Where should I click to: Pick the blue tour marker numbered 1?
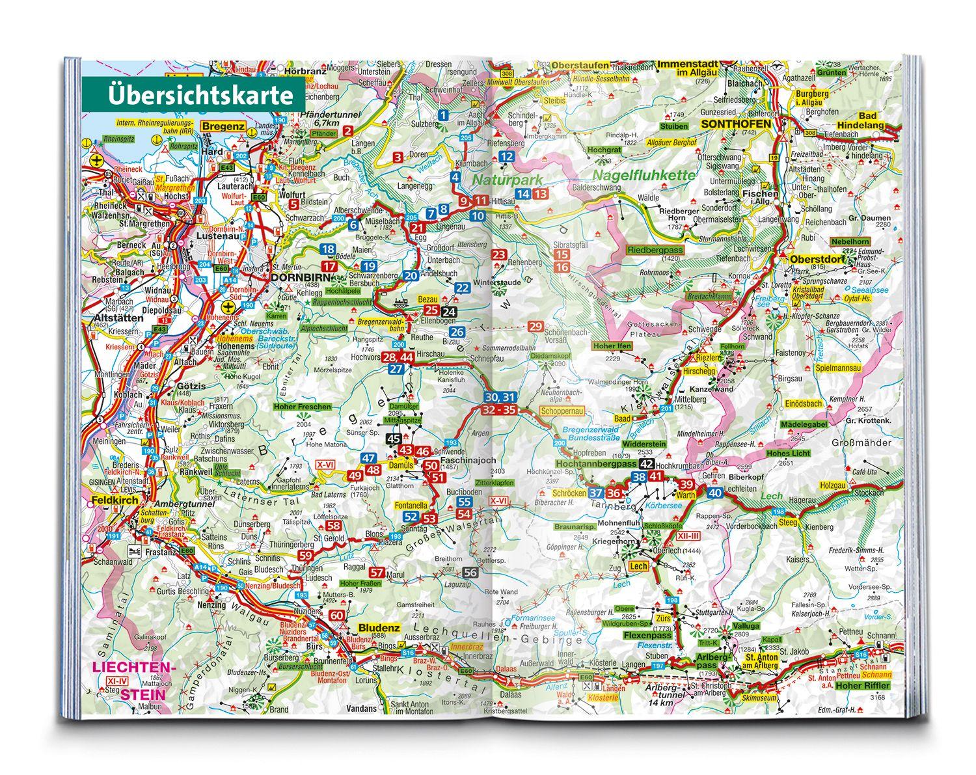click(x=443, y=115)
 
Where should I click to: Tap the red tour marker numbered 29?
click(x=535, y=326)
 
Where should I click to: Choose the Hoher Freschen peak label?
click(x=303, y=407)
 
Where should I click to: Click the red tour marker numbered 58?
click(x=334, y=526)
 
